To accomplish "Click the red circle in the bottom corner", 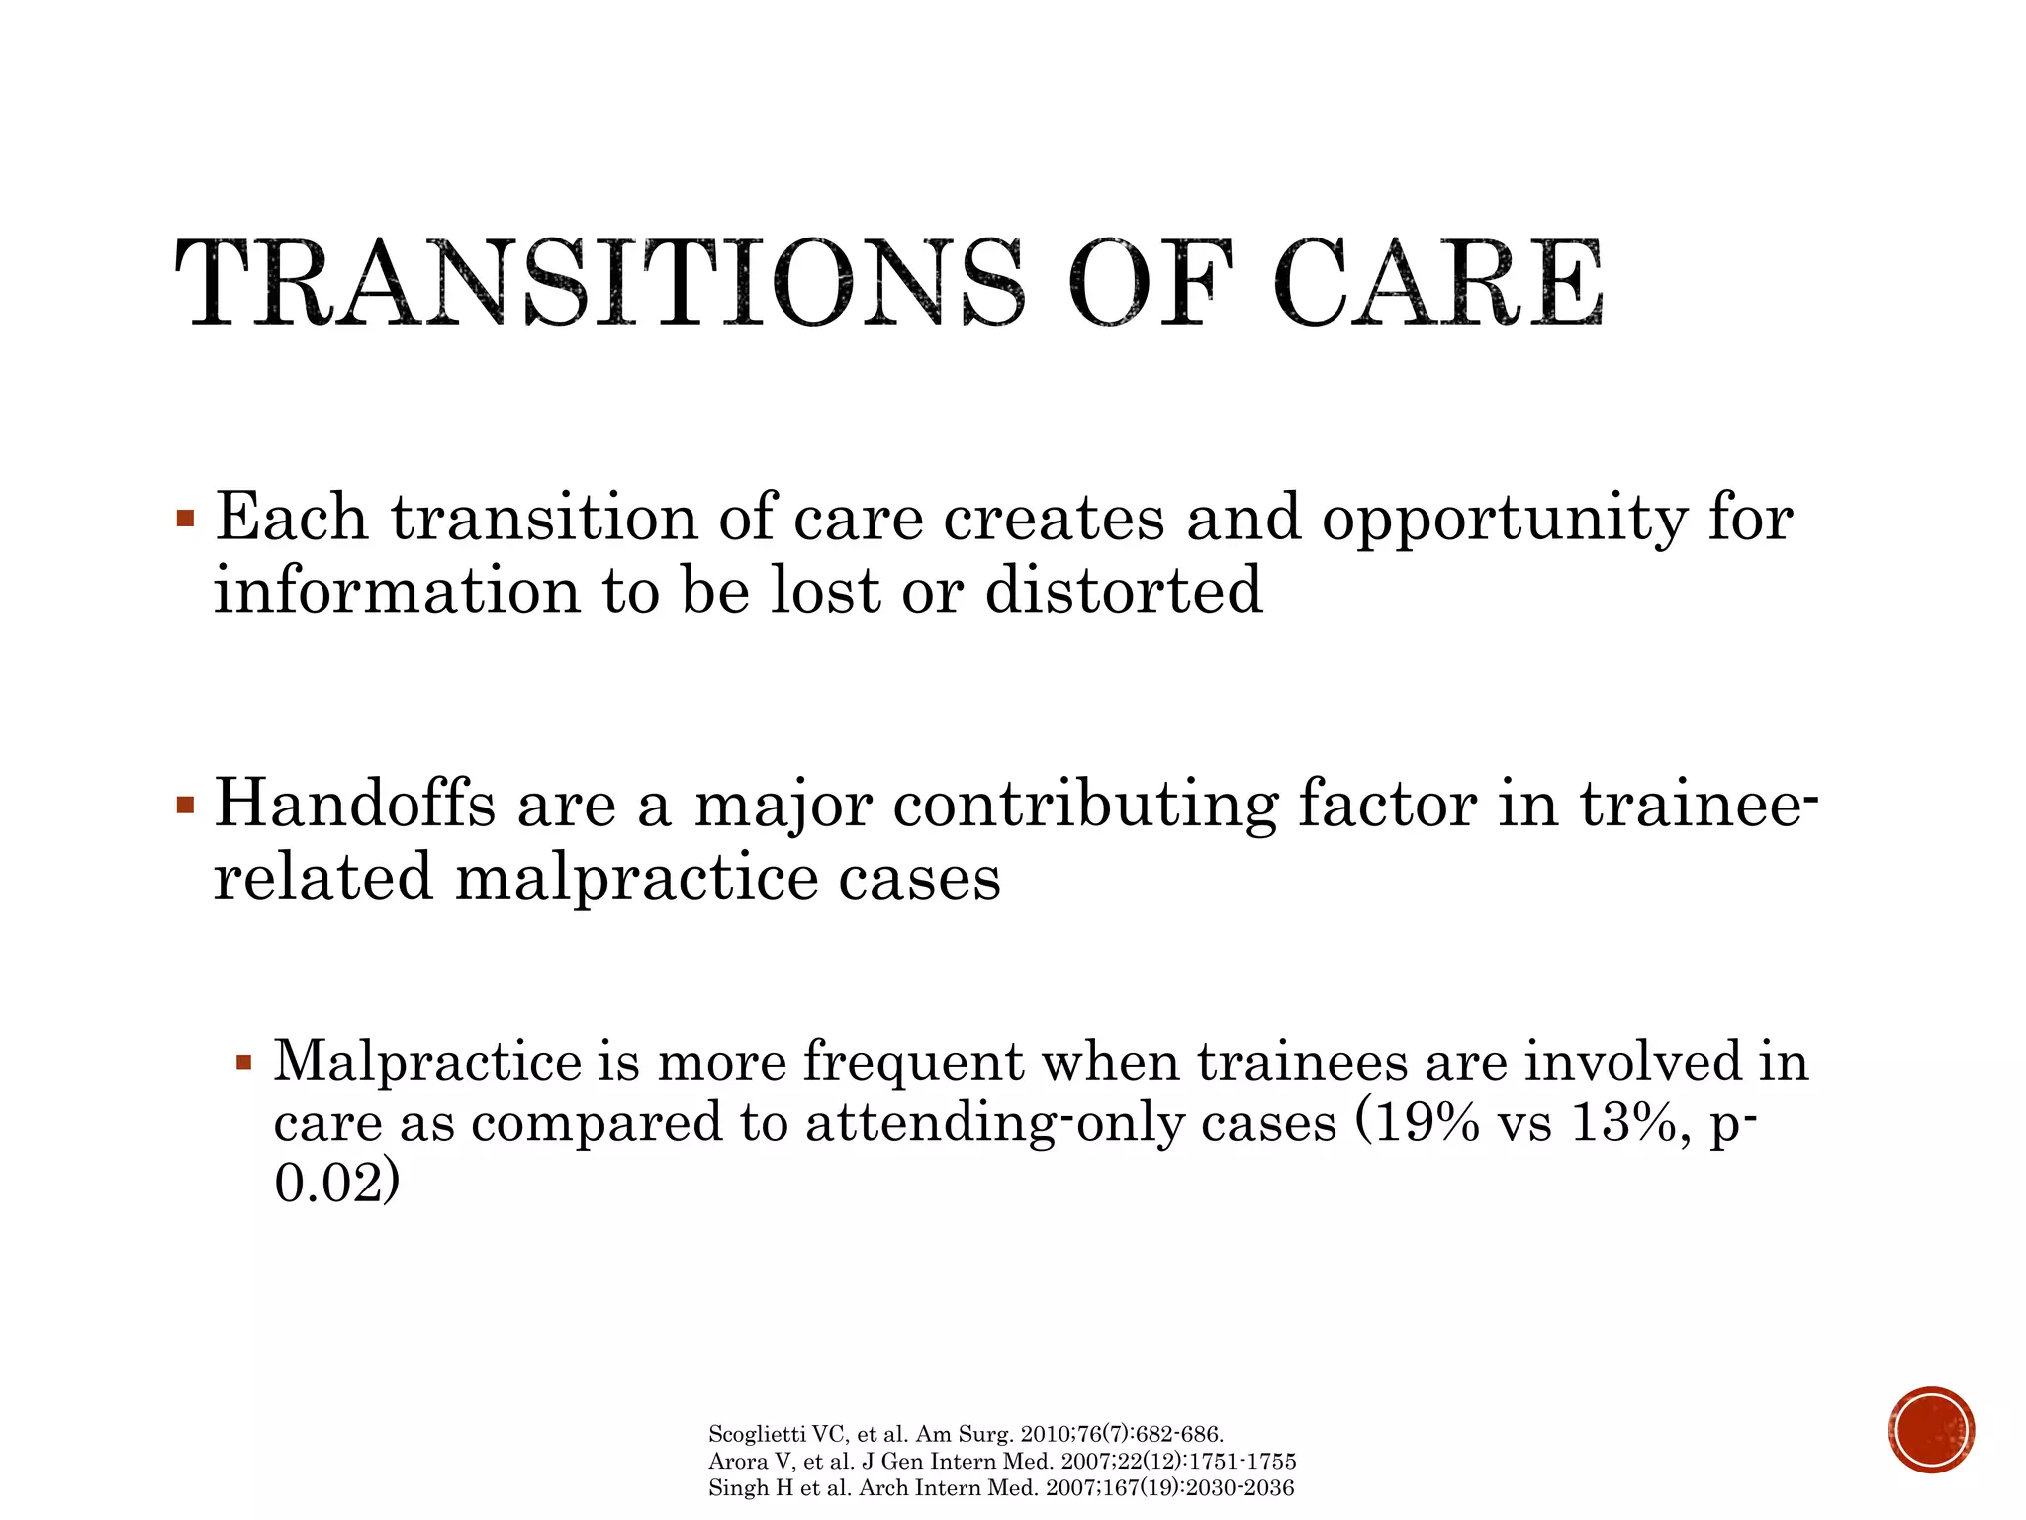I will point(1930,1430).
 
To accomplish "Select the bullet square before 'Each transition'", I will point(185,519).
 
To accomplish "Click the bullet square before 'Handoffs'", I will point(185,805).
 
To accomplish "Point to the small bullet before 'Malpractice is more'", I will point(244,1064).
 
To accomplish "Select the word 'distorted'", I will point(1124,591).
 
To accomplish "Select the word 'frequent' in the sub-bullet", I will point(912,1062).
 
